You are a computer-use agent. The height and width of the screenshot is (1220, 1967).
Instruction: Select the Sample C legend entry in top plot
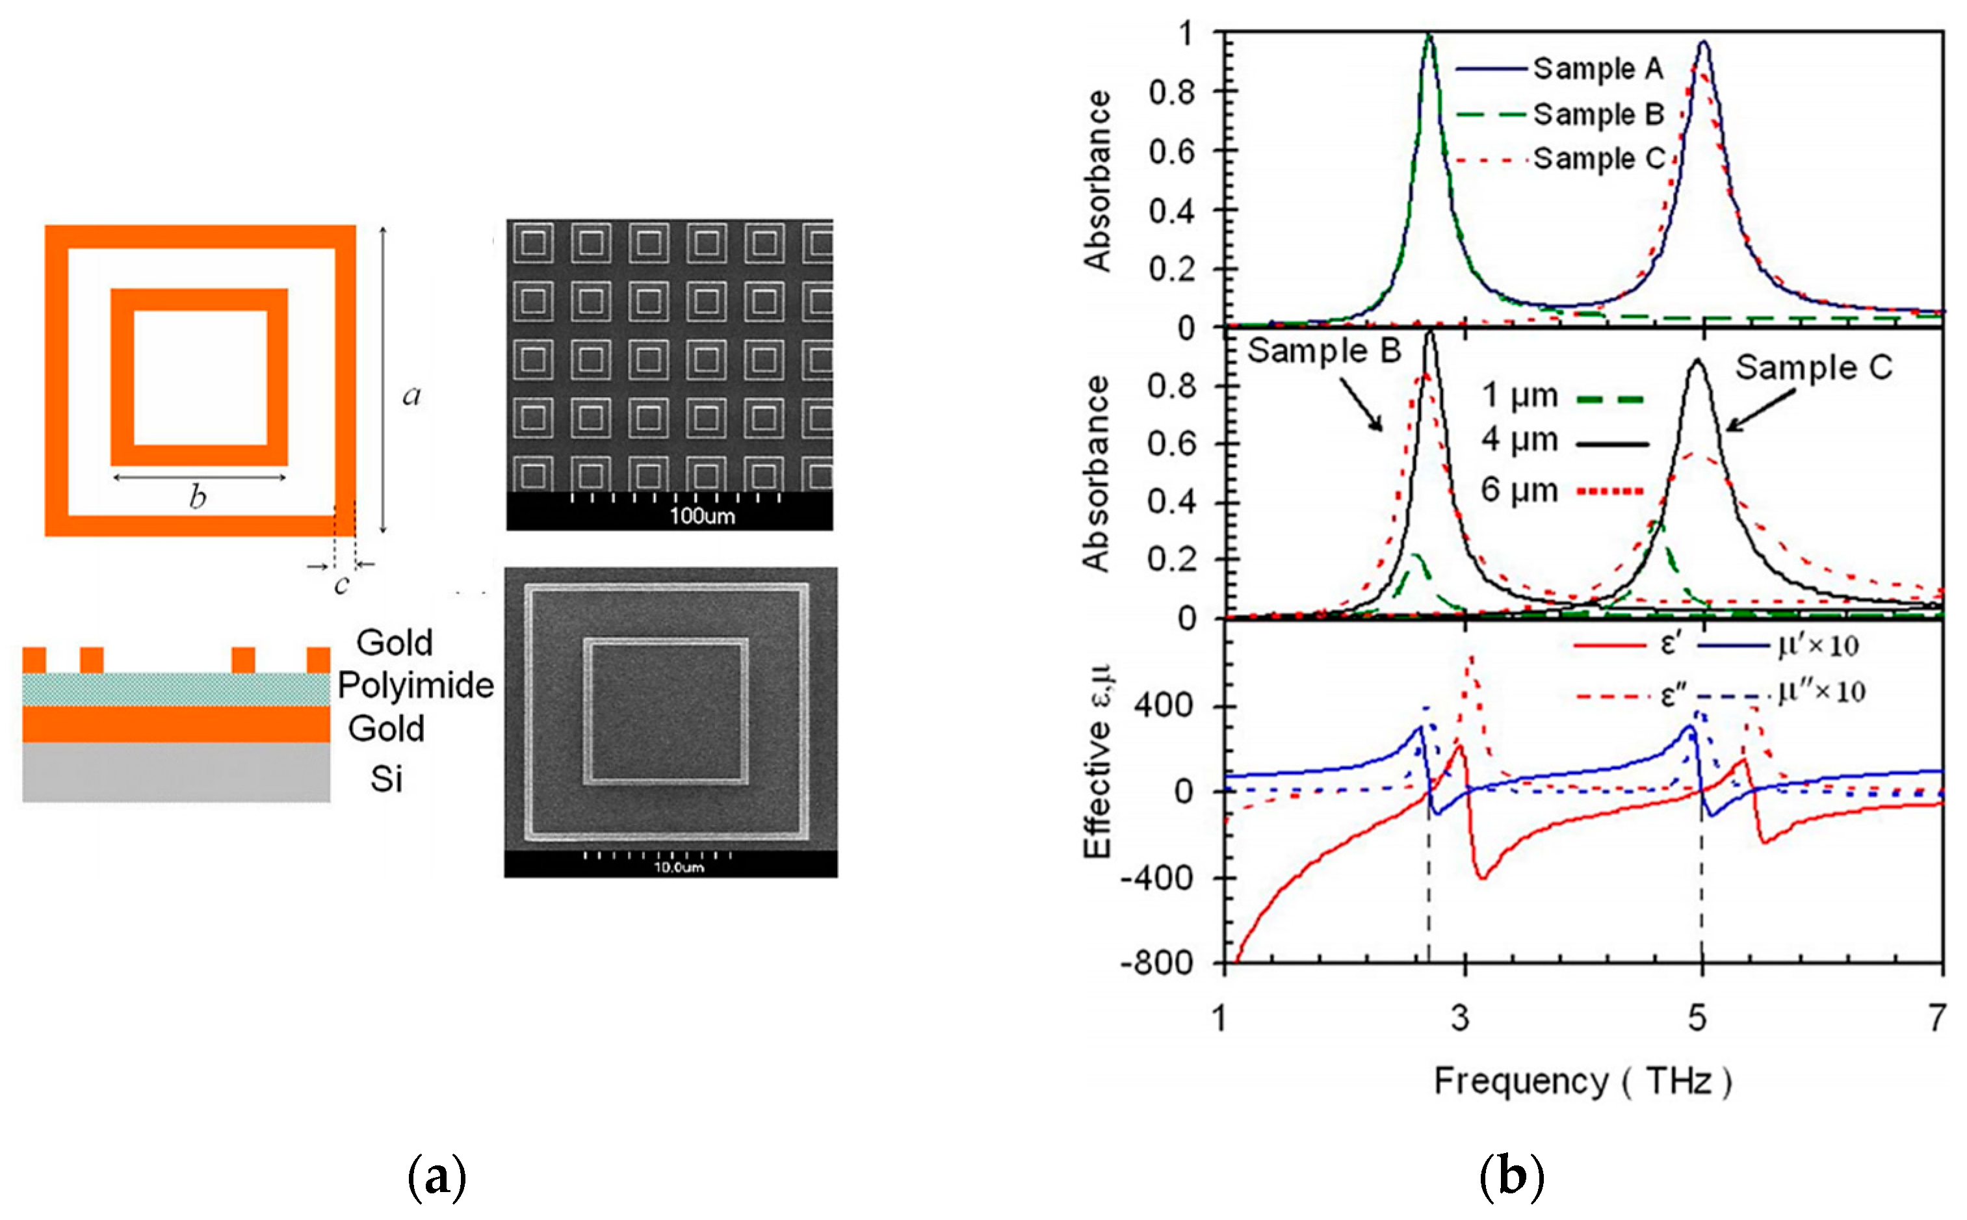click(x=1598, y=159)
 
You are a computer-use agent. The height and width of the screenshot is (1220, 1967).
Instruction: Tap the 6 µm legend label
click(x=1518, y=490)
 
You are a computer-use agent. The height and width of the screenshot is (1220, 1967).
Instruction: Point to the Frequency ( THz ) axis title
click(x=1582, y=1081)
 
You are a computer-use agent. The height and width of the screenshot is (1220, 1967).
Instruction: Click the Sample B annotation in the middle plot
click(x=1323, y=351)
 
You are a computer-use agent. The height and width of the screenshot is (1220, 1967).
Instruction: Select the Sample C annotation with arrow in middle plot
click(x=1813, y=368)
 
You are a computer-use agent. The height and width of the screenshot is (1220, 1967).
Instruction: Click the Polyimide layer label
click(x=415, y=686)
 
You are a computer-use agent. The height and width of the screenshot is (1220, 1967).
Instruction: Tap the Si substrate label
click(x=385, y=779)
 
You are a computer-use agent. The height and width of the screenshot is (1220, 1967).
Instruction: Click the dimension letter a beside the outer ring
click(x=411, y=395)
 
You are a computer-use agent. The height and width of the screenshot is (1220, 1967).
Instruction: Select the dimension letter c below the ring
click(x=341, y=584)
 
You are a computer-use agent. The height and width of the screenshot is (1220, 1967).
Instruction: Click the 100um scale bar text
click(x=702, y=516)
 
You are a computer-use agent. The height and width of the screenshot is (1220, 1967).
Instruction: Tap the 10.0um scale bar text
click(x=678, y=868)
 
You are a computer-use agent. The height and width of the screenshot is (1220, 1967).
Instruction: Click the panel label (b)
click(x=1511, y=1178)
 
